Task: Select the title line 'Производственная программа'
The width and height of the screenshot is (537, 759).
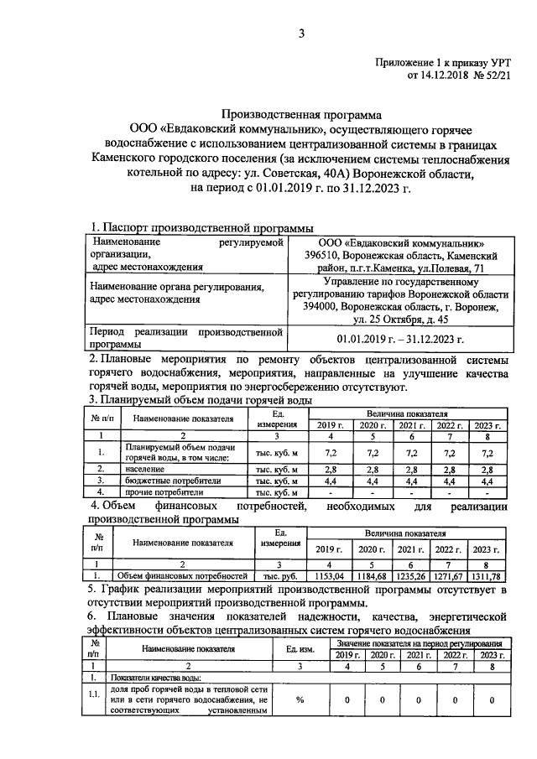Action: tap(300, 114)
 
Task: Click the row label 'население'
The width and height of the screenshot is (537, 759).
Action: tap(147, 468)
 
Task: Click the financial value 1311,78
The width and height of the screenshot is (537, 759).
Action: tap(491, 576)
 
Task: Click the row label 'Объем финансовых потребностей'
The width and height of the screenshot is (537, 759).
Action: tap(181, 576)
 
